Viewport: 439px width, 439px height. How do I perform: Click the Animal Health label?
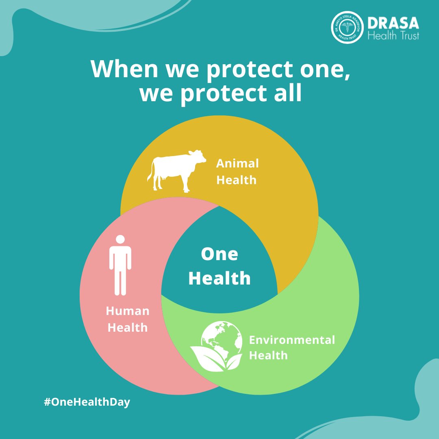click(237, 171)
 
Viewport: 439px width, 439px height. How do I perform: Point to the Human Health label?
click(128, 319)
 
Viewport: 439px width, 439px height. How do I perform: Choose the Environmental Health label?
click(292, 347)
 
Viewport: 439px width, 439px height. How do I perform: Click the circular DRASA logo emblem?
click(347, 27)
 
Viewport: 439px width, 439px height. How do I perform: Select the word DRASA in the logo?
click(393, 23)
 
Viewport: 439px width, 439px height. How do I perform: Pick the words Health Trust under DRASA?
click(393, 35)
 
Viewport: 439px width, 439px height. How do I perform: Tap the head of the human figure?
click(120, 239)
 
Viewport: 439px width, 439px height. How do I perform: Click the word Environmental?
click(292, 340)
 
